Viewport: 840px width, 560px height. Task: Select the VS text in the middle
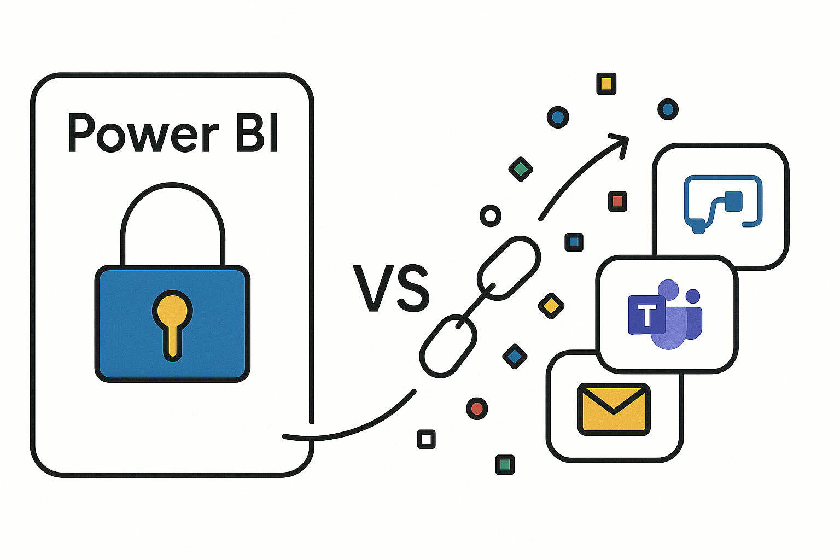392,288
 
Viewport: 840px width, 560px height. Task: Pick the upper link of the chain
509,268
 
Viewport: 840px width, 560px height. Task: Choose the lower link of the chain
448,346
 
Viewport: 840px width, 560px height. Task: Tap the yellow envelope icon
614,409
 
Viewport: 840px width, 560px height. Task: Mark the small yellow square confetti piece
606,84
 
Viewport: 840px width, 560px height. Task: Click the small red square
617,201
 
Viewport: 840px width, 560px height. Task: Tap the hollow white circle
491,216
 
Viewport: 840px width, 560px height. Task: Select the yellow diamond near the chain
551,305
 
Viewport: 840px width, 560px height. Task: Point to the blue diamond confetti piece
514,357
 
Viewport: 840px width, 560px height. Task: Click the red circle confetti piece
477,408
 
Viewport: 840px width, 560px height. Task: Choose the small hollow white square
426,439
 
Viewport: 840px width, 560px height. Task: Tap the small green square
505,464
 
